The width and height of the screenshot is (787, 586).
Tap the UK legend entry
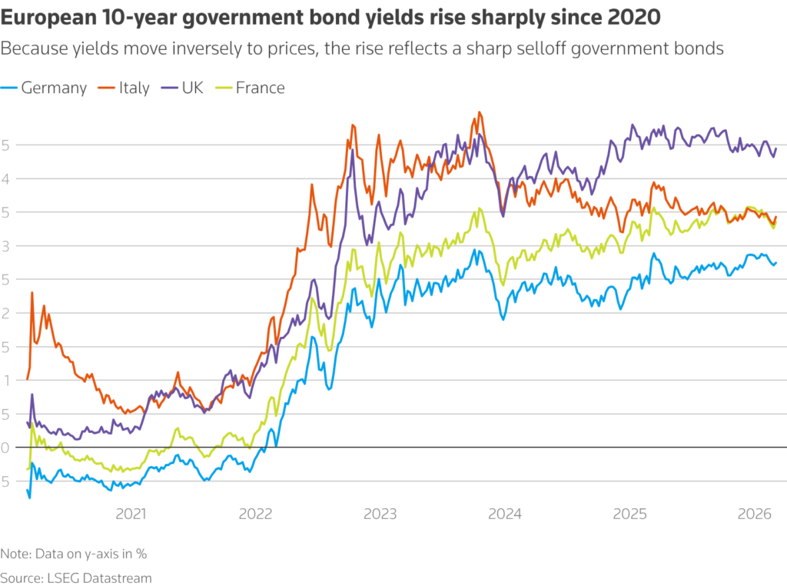[x=184, y=88]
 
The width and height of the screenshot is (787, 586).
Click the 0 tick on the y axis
[x=6, y=447]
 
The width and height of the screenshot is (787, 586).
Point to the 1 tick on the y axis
[x=6, y=380]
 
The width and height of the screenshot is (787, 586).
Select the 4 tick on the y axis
[x=6, y=178]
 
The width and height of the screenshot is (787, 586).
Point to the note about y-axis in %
[x=74, y=553]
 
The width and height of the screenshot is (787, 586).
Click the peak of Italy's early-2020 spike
[x=32, y=292]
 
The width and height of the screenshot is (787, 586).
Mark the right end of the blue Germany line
[x=776, y=262]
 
